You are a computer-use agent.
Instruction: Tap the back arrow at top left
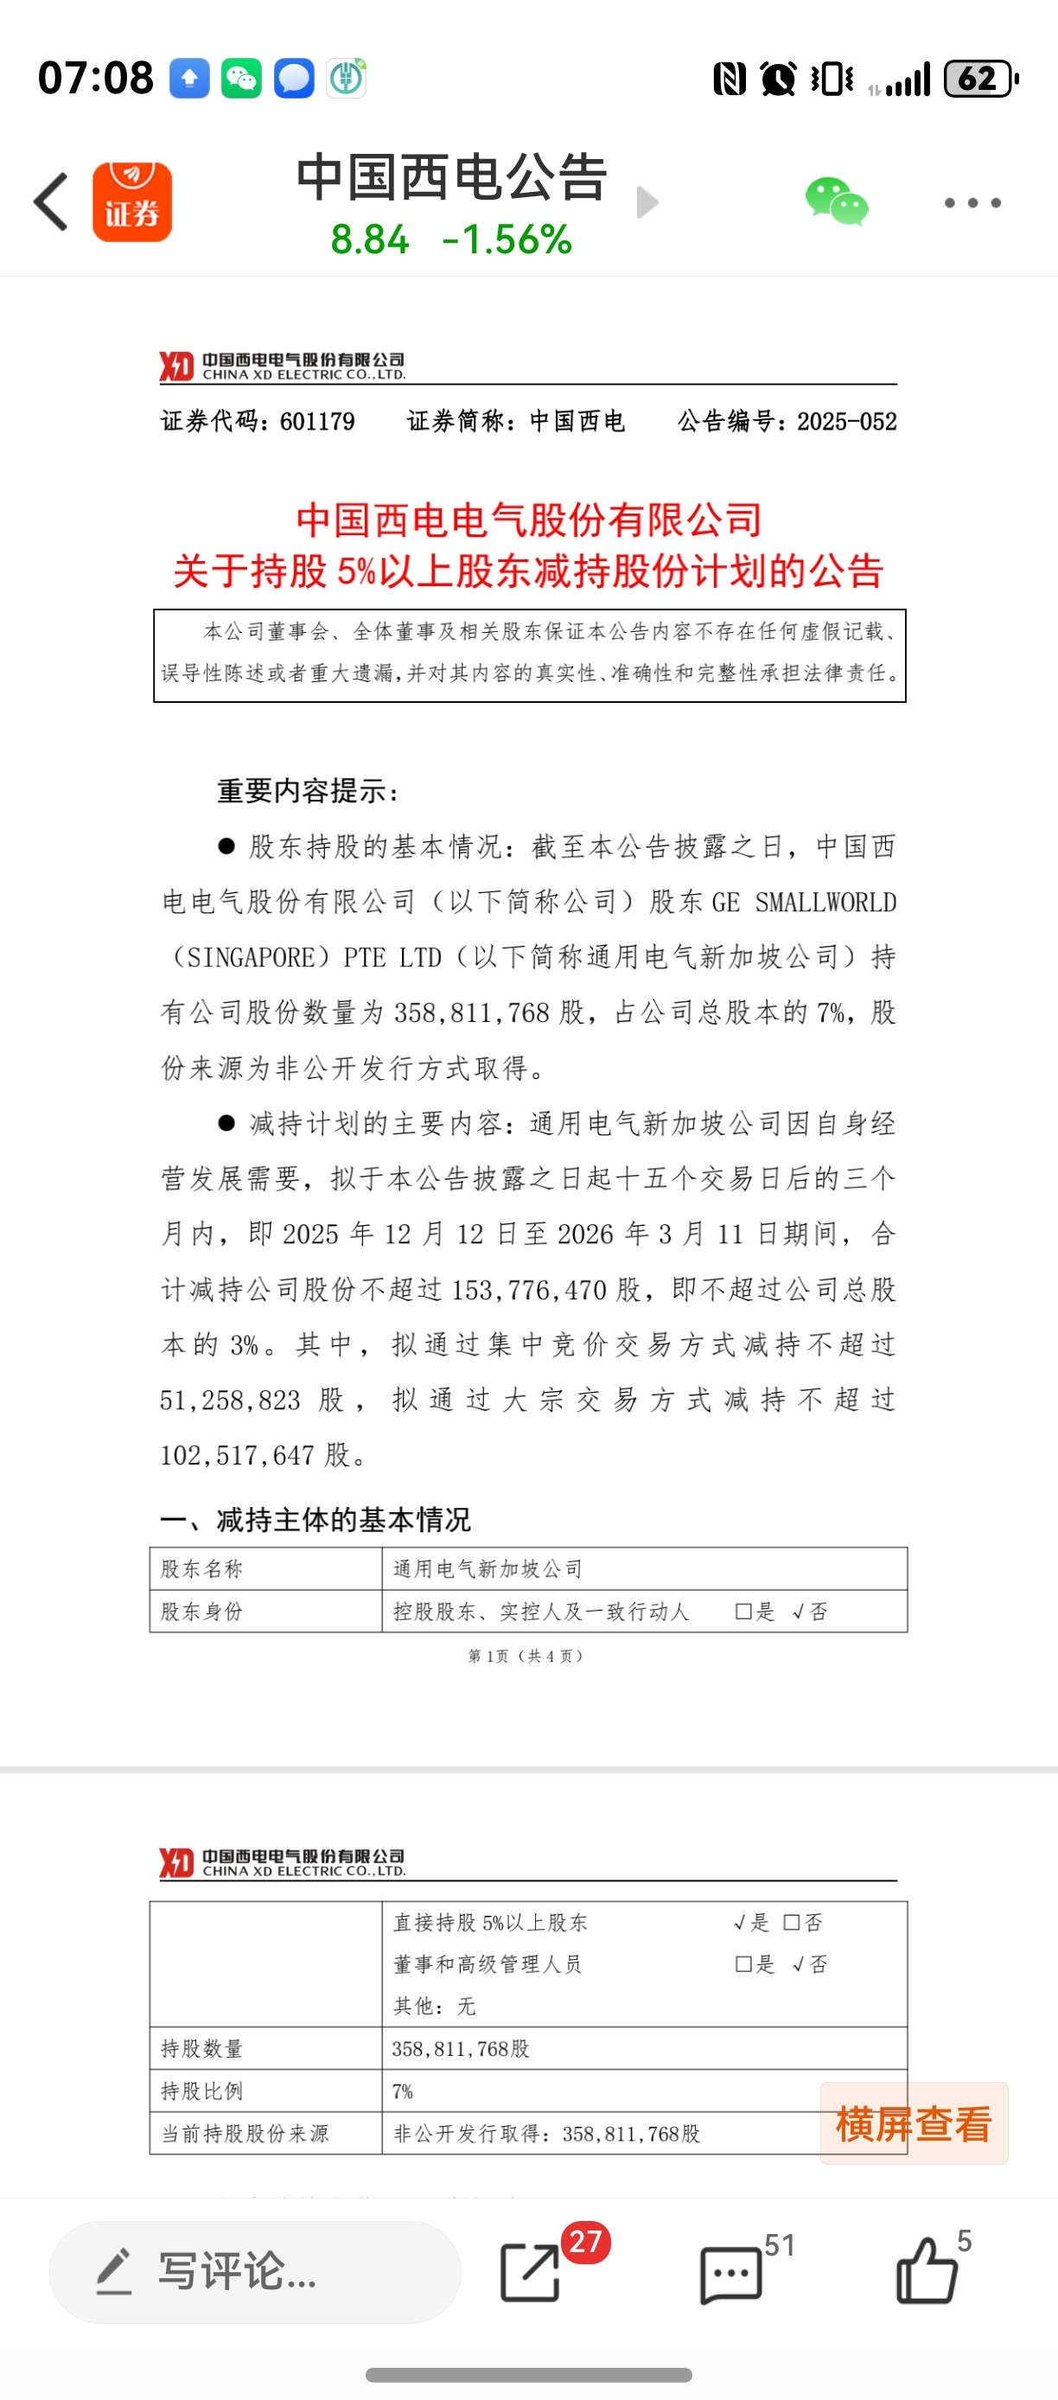point(52,201)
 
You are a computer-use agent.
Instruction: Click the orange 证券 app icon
point(132,201)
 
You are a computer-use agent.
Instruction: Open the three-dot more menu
point(972,202)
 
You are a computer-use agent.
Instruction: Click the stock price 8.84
point(370,240)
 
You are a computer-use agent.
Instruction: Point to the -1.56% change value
point(507,240)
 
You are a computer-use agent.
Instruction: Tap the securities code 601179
point(316,422)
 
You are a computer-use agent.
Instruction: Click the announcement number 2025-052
point(846,422)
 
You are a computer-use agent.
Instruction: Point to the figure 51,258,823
point(230,1401)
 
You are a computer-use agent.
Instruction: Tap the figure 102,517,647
point(238,1455)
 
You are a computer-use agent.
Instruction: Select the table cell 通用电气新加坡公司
point(488,1569)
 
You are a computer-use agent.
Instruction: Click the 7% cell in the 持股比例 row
point(402,2091)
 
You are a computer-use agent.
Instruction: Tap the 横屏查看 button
point(914,2123)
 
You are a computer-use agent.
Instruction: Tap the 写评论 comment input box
point(254,2271)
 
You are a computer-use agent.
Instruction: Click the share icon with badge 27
point(532,2271)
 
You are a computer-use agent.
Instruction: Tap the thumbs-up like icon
point(926,2271)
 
